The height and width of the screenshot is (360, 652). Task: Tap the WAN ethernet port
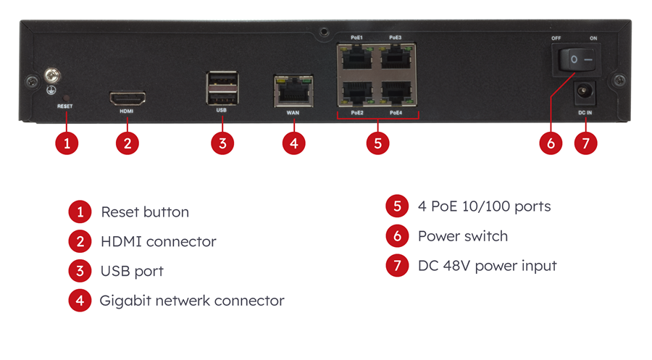293,90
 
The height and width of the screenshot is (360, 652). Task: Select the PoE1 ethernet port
356,56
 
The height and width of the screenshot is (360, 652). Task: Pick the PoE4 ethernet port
396,92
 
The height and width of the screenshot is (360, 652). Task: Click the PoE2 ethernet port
356,92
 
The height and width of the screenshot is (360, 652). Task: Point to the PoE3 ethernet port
396,56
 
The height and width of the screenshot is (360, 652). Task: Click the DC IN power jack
584,93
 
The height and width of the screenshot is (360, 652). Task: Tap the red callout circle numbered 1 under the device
67,143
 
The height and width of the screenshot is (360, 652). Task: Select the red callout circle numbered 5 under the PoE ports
377,143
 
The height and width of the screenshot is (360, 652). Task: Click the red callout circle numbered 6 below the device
551,143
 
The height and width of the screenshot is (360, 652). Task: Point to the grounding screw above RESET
51,74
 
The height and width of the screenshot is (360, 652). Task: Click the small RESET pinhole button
67,96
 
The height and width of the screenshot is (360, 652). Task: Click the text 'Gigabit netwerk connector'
192,301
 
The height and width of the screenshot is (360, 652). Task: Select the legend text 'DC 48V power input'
487,266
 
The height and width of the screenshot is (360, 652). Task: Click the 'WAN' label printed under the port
293,113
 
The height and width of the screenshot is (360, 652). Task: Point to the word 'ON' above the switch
594,38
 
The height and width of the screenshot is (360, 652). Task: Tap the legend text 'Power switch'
462,236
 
